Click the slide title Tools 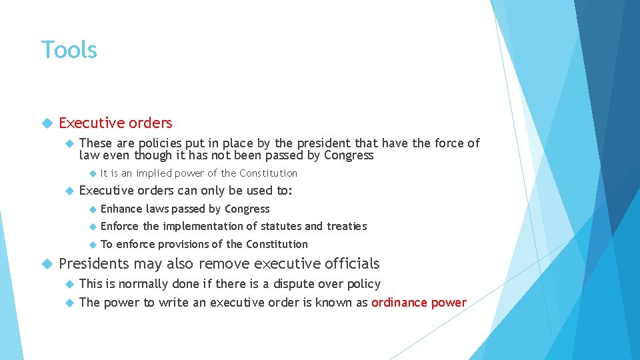pos(69,50)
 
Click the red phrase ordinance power pos(419,303)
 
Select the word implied pos(153,173)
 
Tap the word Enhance pos(121,209)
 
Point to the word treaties pos(347,227)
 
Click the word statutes pos(280,227)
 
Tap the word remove pos(225,264)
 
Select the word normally pos(141,284)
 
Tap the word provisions pos(185,245)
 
